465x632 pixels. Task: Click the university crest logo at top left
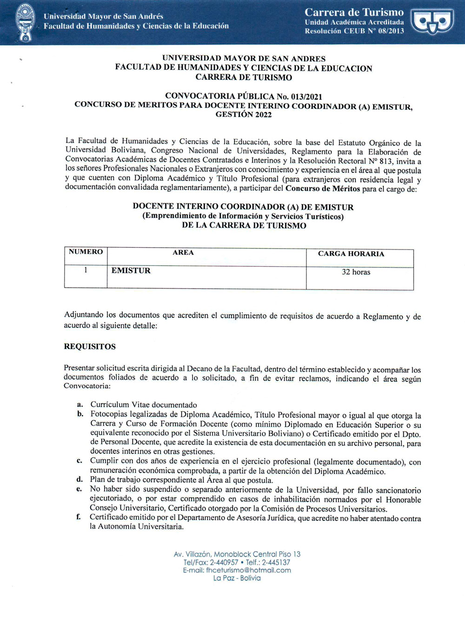click(25, 22)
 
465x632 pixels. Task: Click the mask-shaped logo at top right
click(432, 22)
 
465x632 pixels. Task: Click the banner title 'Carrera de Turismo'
click(354, 12)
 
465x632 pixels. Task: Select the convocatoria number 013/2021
click(306, 97)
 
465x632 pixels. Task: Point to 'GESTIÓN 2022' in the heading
click(243, 115)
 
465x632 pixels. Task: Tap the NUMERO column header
click(86, 252)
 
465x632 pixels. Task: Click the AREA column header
click(183, 252)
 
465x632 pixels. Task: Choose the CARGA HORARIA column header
click(351, 254)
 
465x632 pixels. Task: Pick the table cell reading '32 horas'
click(356, 272)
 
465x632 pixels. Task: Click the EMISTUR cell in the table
click(131, 270)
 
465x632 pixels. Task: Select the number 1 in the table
click(86, 270)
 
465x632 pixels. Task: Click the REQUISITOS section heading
click(90, 347)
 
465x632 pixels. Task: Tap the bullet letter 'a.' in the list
click(80, 405)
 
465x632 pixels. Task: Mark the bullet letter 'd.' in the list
click(80, 480)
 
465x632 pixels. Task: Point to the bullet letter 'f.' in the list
click(79, 517)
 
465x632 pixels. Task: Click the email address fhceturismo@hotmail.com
click(248, 570)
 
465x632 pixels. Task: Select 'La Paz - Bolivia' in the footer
click(237, 578)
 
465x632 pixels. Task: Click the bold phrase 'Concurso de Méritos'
click(322, 188)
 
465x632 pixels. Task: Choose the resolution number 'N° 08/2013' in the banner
click(385, 31)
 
